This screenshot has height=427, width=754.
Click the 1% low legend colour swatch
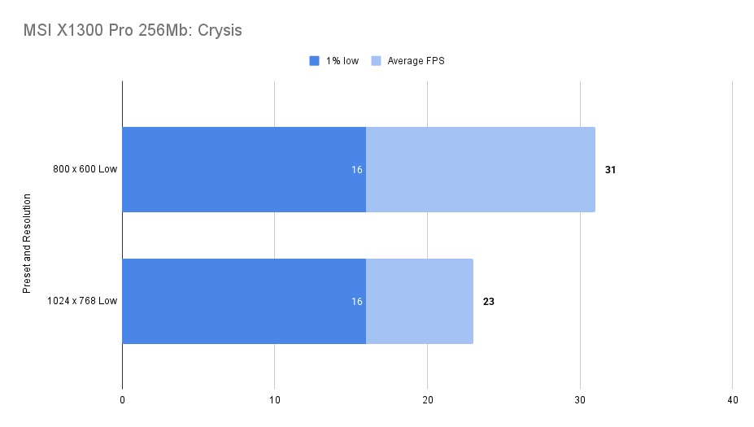point(315,61)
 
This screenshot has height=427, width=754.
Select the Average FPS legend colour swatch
point(377,61)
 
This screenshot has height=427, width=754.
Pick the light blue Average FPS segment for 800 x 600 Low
point(480,169)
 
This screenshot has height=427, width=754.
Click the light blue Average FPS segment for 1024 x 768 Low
point(419,301)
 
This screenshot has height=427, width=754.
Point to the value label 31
point(611,170)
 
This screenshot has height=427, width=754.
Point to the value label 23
point(489,302)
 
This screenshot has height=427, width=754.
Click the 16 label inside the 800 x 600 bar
point(356,170)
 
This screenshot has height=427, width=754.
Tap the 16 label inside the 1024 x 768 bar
point(356,302)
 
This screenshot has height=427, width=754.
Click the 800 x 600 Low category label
point(84,170)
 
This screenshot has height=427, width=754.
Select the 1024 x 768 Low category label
point(81,302)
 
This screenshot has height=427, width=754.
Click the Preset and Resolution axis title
point(27,243)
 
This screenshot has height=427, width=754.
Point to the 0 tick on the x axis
point(122,400)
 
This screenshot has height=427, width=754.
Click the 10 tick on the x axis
point(275,400)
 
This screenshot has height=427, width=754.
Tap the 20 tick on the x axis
point(427,400)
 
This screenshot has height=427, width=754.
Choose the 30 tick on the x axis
point(580,400)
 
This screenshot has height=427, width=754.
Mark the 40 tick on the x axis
point(732,400)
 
